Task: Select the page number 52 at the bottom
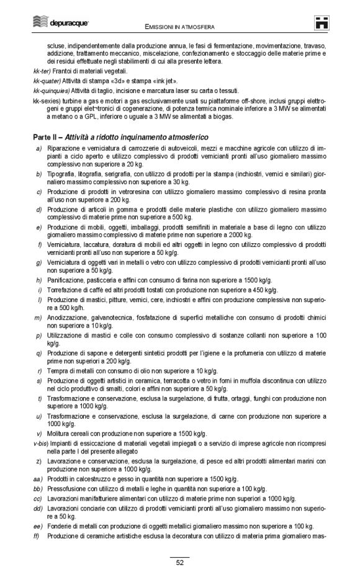point(179,563)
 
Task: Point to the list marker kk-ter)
point(43,71)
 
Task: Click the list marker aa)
point(38,479)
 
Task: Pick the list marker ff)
point(38,535)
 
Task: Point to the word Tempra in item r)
point(56,370)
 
